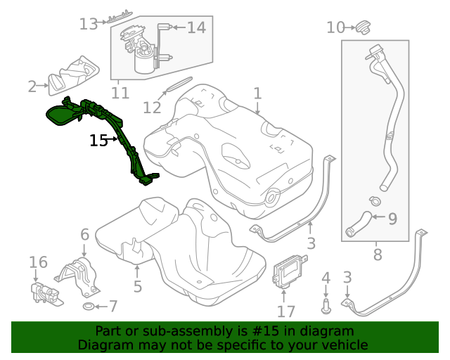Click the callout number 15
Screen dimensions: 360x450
coord(98,141)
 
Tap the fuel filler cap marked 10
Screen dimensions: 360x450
coord(362,28)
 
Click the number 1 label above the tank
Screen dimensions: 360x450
coord(257,94)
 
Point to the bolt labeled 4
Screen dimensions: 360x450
coord(326,304)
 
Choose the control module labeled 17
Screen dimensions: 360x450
coord(288,271)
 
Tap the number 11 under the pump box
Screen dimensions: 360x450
coord(120,93)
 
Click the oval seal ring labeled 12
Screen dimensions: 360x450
coord(175,87)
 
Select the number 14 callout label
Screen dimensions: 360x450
coord(196,27)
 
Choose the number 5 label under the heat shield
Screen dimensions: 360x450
coord(138,286)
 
